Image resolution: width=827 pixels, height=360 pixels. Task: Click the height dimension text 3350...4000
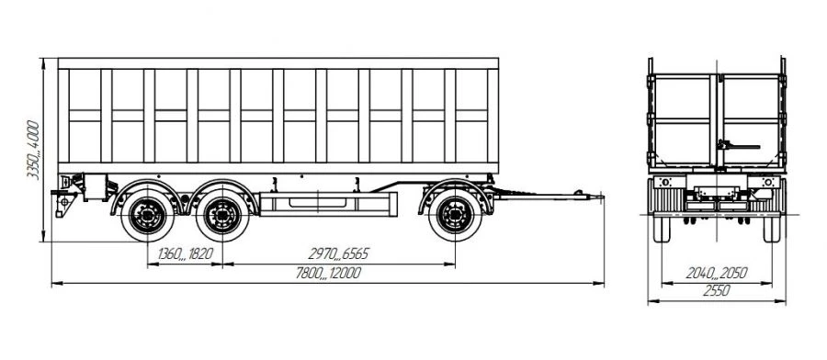pos(33,150)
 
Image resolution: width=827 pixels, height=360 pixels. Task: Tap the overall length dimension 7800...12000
pos(323,273)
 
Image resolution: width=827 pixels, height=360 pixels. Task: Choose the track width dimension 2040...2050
pos(717,274)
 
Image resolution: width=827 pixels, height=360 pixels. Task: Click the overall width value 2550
pos(717,292)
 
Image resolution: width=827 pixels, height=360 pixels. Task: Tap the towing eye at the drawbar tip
pos(582,194)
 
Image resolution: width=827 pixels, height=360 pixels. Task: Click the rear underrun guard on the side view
pos(65,197)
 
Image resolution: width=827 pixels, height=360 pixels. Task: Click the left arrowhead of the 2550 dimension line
pos(651,300)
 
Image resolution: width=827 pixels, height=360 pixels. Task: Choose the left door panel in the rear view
pos(683,117)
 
